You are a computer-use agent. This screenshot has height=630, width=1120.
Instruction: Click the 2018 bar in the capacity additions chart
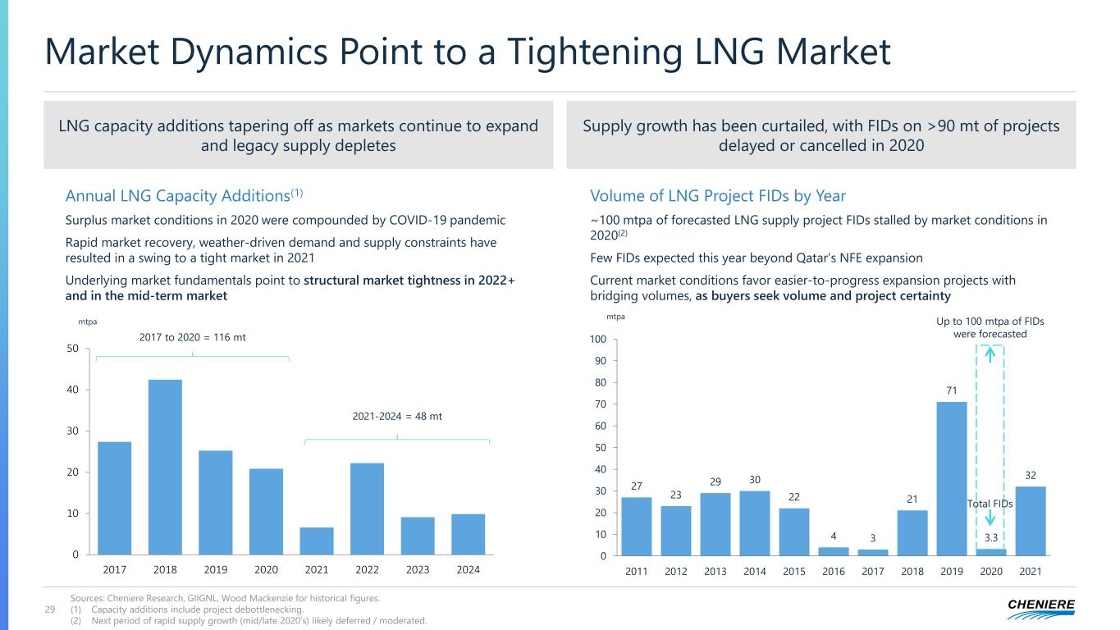165,467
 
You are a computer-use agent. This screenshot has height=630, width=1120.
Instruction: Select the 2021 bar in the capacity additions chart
317,541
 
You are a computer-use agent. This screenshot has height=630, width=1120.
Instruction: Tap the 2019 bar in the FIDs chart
952,479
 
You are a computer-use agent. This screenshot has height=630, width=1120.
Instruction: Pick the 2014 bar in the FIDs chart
755,523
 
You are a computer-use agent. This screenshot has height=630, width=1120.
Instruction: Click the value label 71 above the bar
952,390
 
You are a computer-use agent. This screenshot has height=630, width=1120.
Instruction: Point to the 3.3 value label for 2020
991,537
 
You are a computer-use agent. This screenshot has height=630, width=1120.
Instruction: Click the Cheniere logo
1041,609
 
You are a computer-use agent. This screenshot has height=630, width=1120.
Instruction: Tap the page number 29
50,609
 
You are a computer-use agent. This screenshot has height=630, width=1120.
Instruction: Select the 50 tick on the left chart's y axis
72,348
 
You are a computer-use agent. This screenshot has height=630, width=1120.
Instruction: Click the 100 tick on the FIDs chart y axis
598,339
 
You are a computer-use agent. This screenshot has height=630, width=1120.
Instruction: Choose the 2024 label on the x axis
468,569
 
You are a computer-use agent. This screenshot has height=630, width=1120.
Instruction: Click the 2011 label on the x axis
636,571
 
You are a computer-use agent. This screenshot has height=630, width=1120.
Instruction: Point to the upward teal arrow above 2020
990,355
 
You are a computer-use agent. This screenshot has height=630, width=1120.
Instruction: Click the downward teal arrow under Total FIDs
990,518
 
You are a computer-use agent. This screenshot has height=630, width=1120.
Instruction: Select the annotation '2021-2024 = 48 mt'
397,416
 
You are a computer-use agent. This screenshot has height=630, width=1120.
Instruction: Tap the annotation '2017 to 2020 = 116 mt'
193,337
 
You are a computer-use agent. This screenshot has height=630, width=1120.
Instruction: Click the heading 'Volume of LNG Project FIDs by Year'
718,195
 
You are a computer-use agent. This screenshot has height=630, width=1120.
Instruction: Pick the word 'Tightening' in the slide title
595,52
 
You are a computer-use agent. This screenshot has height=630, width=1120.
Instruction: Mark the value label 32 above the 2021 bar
1031,476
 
